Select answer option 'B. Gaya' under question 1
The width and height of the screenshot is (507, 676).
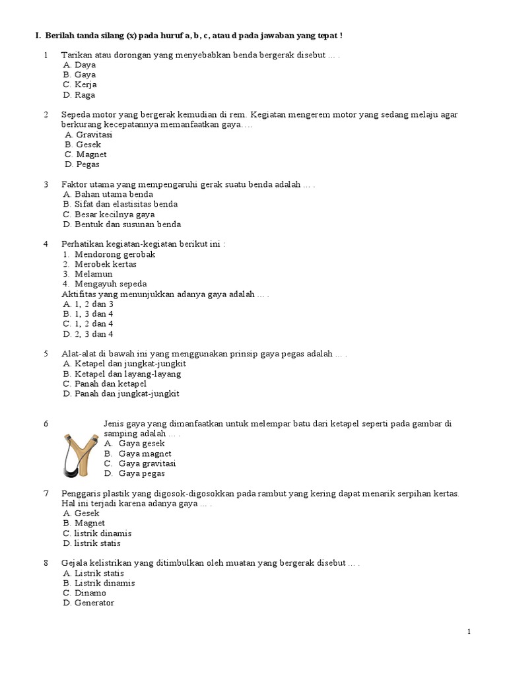(x=79, y=75)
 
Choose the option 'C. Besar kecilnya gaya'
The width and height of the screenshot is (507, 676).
(x=109, y=215)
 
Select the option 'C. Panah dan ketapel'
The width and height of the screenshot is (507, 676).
(x=104, y=384)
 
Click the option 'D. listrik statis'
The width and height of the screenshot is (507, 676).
(x=92, y=543)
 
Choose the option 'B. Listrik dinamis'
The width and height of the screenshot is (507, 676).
(x=99, y=584)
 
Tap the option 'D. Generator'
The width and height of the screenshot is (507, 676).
(x=88, y=603)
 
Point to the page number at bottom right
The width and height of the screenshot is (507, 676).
(x=469, y=632)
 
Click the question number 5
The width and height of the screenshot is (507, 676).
(x=46, y=354)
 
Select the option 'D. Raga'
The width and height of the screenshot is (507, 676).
(x=79, y=95)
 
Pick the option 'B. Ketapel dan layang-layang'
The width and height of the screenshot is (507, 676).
(x=122, y=374)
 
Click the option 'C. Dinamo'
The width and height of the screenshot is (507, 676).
(x=84, y=593)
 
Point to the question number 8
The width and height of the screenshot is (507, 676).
(x=46, y=563)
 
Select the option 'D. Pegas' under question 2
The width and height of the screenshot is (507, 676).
(x=82, y=164)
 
